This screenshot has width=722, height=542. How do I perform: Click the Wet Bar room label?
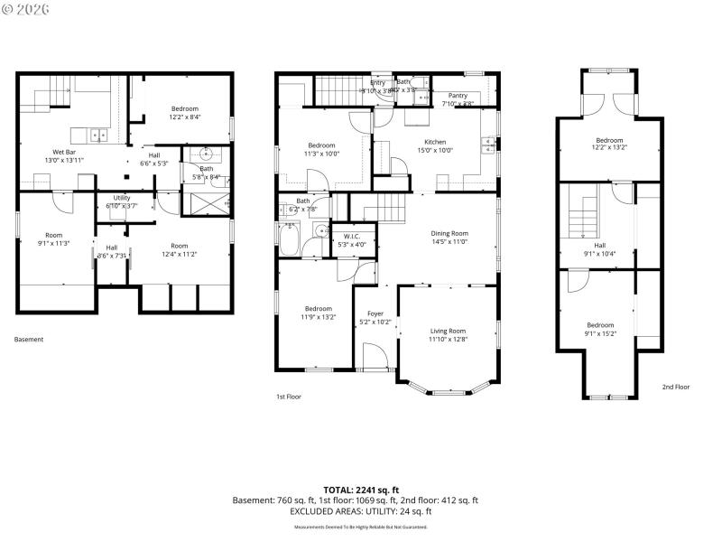click(x=63, y=152)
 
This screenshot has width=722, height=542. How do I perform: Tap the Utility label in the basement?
click(x=122, y=198)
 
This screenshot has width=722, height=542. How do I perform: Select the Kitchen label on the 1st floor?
click(x=435, y=141)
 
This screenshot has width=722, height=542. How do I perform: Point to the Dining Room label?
click(x=449, y=233)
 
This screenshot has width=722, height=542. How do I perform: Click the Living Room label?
click(x=447, y=331)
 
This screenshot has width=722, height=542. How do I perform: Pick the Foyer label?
click(x=375, y=313)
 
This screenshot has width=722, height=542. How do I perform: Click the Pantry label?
click(x=458, y=95)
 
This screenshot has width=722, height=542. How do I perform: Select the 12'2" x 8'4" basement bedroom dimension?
click(x=184, y=117)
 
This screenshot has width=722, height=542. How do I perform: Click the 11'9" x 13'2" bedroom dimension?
click(x=318, y=317)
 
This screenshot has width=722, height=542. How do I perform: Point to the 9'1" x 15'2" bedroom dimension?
click(x=600, y=333)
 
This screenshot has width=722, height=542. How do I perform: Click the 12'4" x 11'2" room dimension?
click(x=179, y=254)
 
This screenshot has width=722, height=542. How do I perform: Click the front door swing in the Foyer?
click(x=375, y=356)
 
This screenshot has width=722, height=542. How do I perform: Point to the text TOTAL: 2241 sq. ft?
click(x=360, y=490)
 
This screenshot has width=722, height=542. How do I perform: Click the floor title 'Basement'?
click(x=29, y=340)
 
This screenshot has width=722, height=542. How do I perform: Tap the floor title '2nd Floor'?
click(x=675, y=387)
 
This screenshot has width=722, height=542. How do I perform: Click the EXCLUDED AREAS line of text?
click(x=360, y=511)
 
